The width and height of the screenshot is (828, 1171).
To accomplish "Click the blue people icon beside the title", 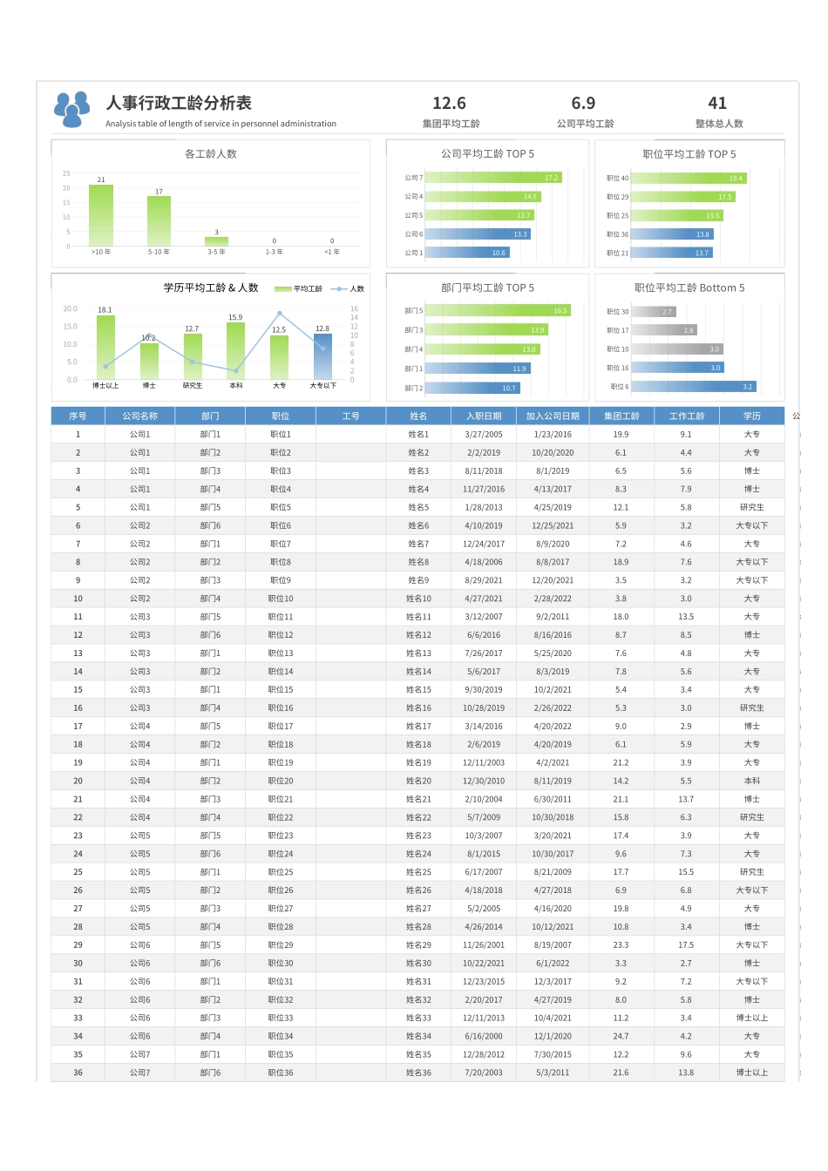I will point(71,108).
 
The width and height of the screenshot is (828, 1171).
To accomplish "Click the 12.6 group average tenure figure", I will point(449,104).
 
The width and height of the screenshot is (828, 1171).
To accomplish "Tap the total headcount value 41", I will point(717,104).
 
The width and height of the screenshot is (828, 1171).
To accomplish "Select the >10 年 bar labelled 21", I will point(101,215).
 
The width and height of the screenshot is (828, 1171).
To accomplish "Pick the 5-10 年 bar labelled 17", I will point(159,220).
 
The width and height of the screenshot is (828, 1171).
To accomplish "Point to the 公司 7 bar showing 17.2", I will point(493,178).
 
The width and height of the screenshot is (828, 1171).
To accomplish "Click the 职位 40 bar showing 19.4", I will point(689,178).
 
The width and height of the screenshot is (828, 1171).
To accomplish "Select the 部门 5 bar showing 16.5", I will point(498,310).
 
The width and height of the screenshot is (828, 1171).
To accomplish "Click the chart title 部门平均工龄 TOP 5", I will point(487,288).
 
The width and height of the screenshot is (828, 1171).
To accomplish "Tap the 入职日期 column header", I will point(484,416).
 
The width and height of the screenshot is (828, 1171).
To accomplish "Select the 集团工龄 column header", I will point(621,416).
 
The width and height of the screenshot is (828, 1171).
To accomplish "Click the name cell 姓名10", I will point(418,599).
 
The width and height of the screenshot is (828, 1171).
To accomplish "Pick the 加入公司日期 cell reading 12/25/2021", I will point(553,525).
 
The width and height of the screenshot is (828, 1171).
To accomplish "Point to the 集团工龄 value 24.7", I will point(621,1036).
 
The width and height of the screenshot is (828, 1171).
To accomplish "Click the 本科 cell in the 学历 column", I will point(751,781).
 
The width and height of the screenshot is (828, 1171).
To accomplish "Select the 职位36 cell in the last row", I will point(281,1073).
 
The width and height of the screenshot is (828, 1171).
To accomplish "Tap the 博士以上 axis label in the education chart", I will point(105,385).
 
